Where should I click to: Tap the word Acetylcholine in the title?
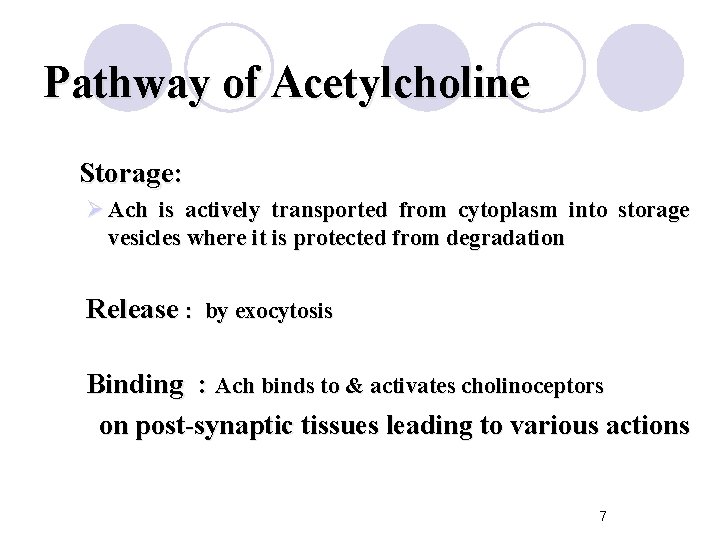[399, 83]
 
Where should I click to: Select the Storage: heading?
[130, 173]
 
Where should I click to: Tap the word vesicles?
[142, 239]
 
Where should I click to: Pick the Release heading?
[132, 309]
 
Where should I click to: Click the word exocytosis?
[283, 312]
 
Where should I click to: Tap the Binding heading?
[135, 384]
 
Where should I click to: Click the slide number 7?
[602, 516]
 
